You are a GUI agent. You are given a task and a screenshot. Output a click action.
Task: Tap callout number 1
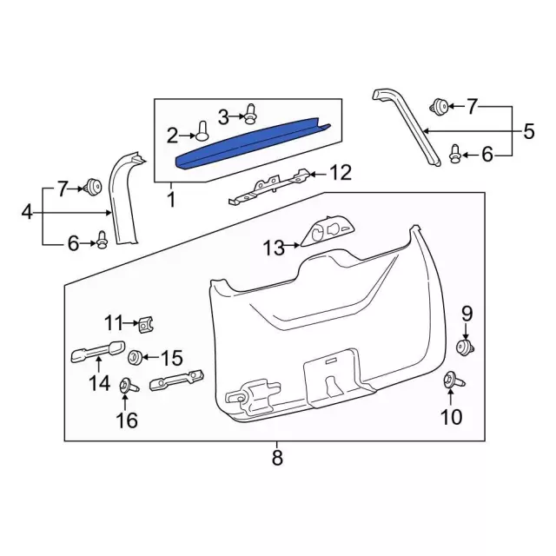171,200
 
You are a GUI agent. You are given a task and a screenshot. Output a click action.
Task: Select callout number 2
172,135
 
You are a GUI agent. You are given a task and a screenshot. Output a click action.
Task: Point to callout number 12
341,173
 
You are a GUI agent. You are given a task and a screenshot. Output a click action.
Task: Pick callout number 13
275,248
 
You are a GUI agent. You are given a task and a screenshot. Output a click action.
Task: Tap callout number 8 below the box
277,458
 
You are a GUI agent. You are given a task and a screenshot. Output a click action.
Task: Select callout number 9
466,313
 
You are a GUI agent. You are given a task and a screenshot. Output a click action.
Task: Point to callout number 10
452,417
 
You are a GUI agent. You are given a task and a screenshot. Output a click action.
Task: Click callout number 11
115,324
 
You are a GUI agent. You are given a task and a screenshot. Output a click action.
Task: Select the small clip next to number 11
146,326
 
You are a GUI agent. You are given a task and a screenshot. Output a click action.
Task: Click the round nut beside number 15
136,357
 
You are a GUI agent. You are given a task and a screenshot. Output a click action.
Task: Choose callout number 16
127,420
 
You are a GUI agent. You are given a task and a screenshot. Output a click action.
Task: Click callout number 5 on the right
527,132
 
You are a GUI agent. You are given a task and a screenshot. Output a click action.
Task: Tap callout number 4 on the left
26,211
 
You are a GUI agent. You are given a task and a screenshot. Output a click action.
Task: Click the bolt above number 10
452,380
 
